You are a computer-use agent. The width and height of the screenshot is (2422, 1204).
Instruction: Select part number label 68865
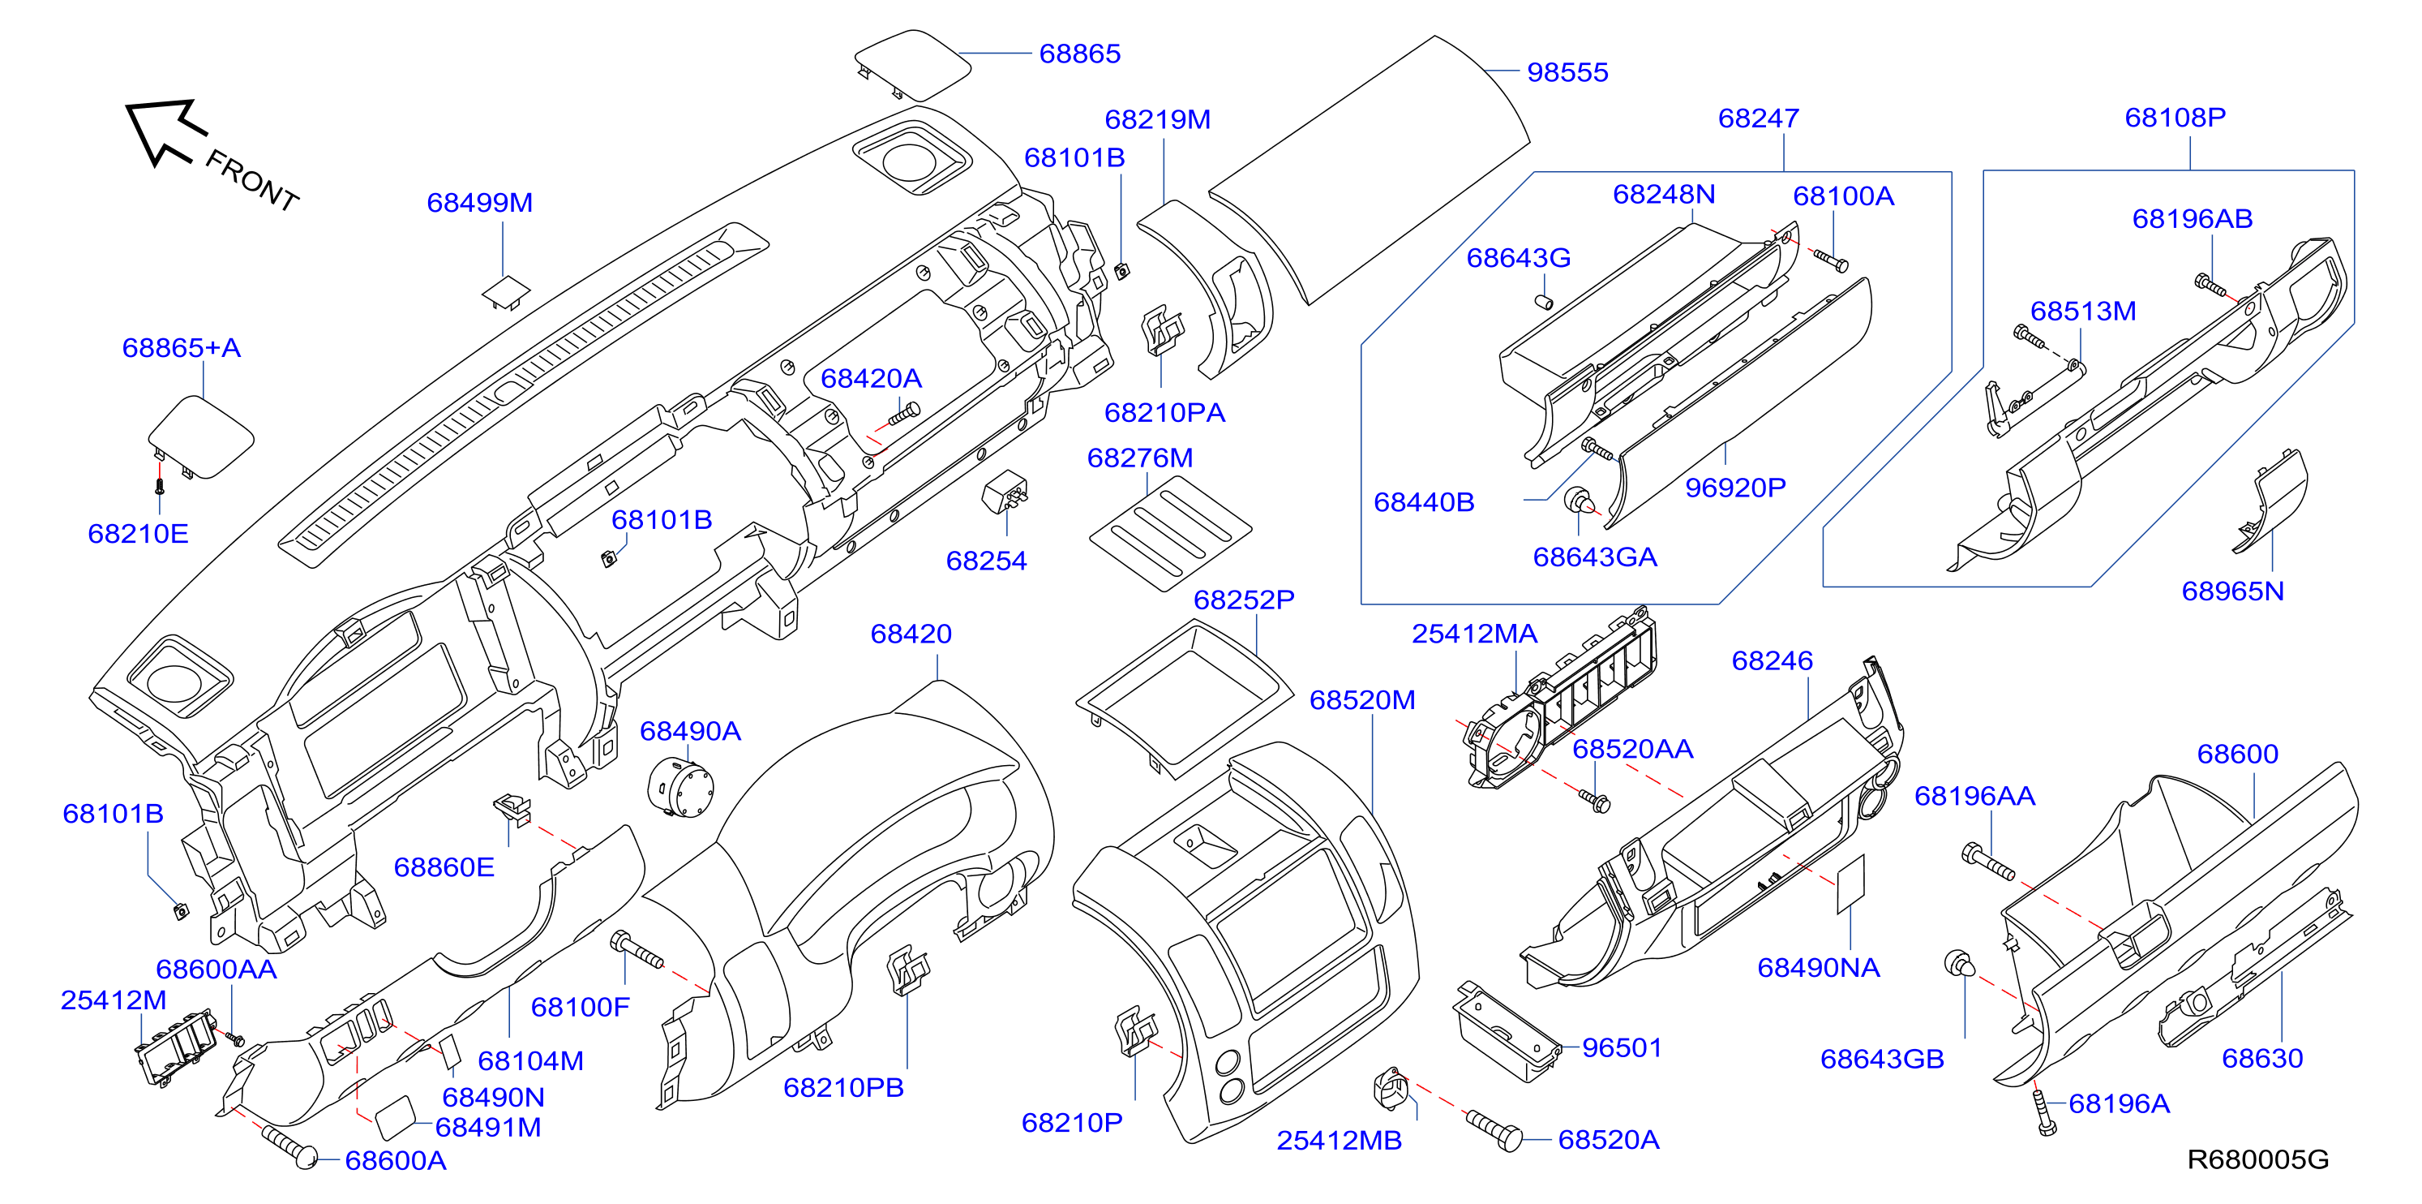point(1079,54)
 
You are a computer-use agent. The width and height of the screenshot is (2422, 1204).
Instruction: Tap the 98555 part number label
point(1567,72)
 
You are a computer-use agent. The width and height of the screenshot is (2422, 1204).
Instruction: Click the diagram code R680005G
point(2257,1159)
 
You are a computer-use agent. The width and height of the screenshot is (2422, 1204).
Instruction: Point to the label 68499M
point(479,202)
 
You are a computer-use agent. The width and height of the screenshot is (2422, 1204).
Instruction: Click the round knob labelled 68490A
point(681,789)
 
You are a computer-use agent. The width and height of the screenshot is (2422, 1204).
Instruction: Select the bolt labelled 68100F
point(637,949)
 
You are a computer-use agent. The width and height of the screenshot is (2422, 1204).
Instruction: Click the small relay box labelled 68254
point(1004,491)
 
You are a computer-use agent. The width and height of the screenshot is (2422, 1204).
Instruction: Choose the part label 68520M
point(1361,700)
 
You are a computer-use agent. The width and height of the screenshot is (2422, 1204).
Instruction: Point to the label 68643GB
point(1881,1059)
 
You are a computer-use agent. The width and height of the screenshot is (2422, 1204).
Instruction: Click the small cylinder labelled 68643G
point(1543,302)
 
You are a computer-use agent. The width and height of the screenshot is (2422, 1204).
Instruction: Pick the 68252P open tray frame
point(1185,698)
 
